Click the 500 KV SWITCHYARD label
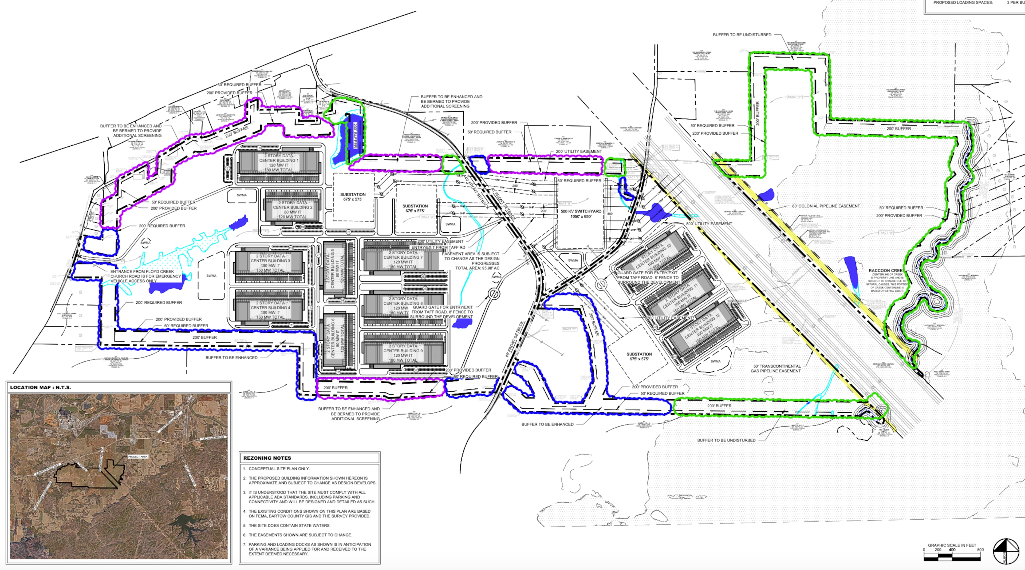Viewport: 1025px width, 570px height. point(581,214)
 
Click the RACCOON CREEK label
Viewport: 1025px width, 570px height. point(885,271)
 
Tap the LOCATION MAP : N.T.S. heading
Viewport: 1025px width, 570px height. point(41,387)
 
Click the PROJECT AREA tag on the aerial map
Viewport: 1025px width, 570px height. point(138,457)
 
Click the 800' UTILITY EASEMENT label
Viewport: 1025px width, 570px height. point(709,224)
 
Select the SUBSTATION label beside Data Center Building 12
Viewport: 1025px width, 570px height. point(639,356)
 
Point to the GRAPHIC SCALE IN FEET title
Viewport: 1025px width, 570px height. point(952,545)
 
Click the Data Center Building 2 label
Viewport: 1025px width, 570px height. point(293,210)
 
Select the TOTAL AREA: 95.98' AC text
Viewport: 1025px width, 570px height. point(477,268)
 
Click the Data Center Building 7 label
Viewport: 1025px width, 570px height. point(403,260)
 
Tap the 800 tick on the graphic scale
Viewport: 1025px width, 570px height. point(980,550)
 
